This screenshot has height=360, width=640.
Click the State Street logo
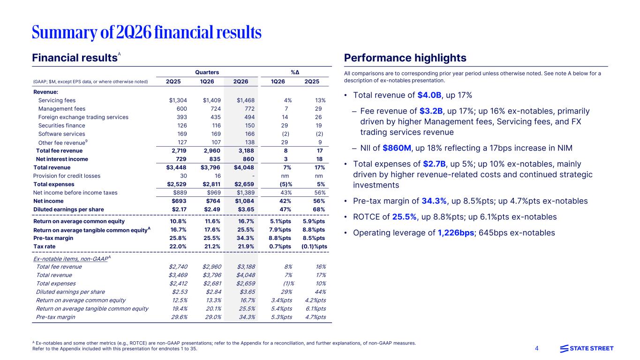coord(587,349)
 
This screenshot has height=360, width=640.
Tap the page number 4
coord(536,348)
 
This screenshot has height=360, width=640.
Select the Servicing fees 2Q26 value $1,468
coord(245,100)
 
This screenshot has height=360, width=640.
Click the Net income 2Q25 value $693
coord(179,201)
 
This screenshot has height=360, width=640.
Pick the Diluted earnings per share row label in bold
coord(68,210)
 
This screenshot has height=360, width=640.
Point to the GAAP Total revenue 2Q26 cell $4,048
coord(244,167)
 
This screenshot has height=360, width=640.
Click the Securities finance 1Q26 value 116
coord(216,126)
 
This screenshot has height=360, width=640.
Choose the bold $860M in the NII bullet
coord(397,148)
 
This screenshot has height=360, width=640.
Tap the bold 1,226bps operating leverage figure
coord(456,233)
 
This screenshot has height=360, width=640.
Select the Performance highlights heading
coord(405,58)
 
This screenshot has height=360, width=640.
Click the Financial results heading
coord(75,58)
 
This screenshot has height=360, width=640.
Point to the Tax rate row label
coord(44,246)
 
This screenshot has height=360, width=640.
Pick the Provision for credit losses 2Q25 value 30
coord(183,176)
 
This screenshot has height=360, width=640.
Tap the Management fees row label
coord(62,109)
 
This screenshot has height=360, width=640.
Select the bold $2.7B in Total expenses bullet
coord(434,164)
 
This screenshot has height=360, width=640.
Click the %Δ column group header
coord(295,72)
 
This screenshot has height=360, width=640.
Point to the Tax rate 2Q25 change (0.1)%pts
coord(314,246)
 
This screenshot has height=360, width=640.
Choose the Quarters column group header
coord(207,72)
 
